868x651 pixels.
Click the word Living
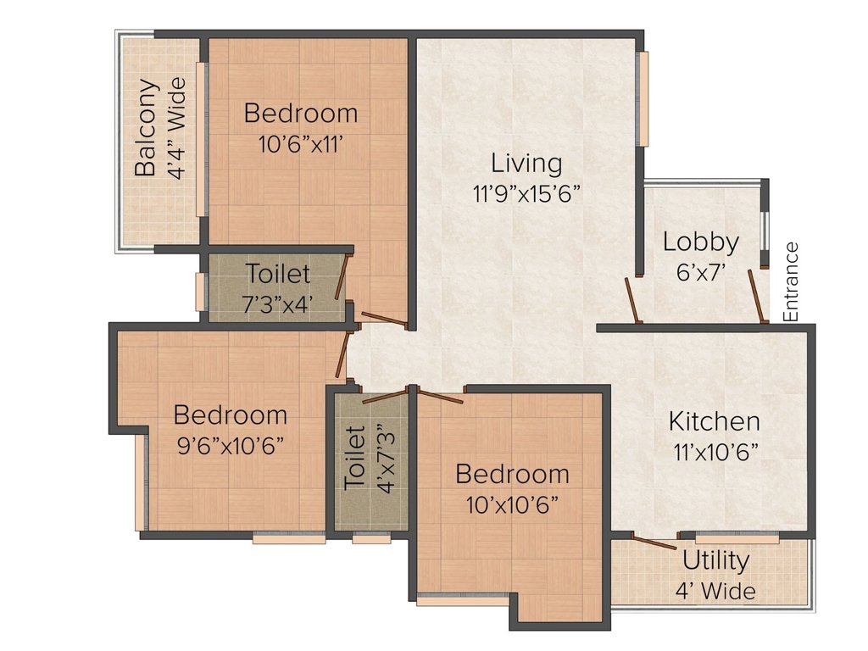pos(526,164)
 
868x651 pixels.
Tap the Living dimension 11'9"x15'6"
pos(526,194)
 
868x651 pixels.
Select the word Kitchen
pos(714,422)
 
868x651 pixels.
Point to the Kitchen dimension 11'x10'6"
pos(715,453)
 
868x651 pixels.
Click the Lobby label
pos(701,242)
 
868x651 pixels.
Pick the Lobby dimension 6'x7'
pos(701,272)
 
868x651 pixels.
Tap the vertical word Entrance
pos(792,281)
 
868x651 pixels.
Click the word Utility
pos(715,561)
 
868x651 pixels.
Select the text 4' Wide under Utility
pos(715,591)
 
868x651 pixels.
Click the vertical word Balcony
pos(146,128)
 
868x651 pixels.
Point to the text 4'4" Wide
pos(176,129)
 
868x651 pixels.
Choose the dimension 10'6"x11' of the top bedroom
pos(301,144)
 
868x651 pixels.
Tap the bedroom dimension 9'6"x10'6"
pos(231,446)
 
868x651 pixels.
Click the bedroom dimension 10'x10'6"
pos(511,504)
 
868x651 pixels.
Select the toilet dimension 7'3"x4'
pos(277,303)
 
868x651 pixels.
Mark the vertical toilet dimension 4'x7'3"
pos(387,459)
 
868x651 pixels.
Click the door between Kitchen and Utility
pos(654,542)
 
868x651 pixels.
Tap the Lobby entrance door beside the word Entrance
pos(757,296)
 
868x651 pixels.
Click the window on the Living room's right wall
pos(642,99)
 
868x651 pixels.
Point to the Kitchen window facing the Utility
pos(737,537)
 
